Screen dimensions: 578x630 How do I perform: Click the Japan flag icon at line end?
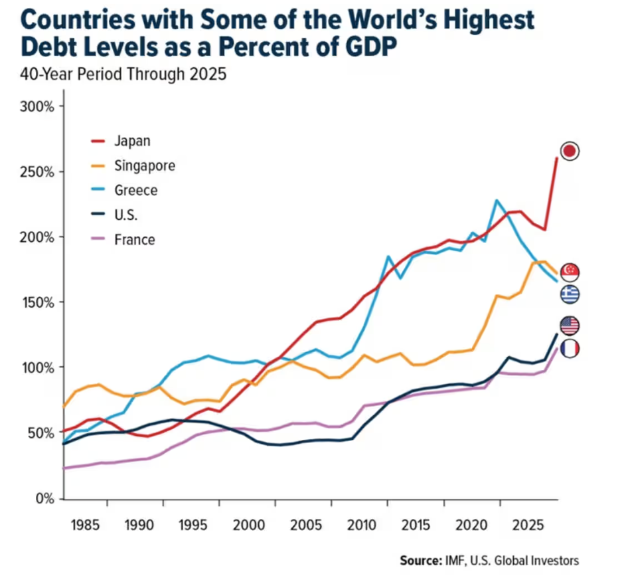(570, 151)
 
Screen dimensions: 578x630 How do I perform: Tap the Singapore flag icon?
(570, 272)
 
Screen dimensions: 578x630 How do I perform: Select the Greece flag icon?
(570, 294)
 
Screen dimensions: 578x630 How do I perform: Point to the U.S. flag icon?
(570, 326)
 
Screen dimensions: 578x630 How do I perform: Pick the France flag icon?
(570, 348)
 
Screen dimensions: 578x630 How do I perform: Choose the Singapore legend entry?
(145, 165)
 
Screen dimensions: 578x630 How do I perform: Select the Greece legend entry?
(136, 190)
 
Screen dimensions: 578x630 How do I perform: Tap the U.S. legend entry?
(125, 215)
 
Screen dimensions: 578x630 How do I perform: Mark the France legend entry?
(135, 239)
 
